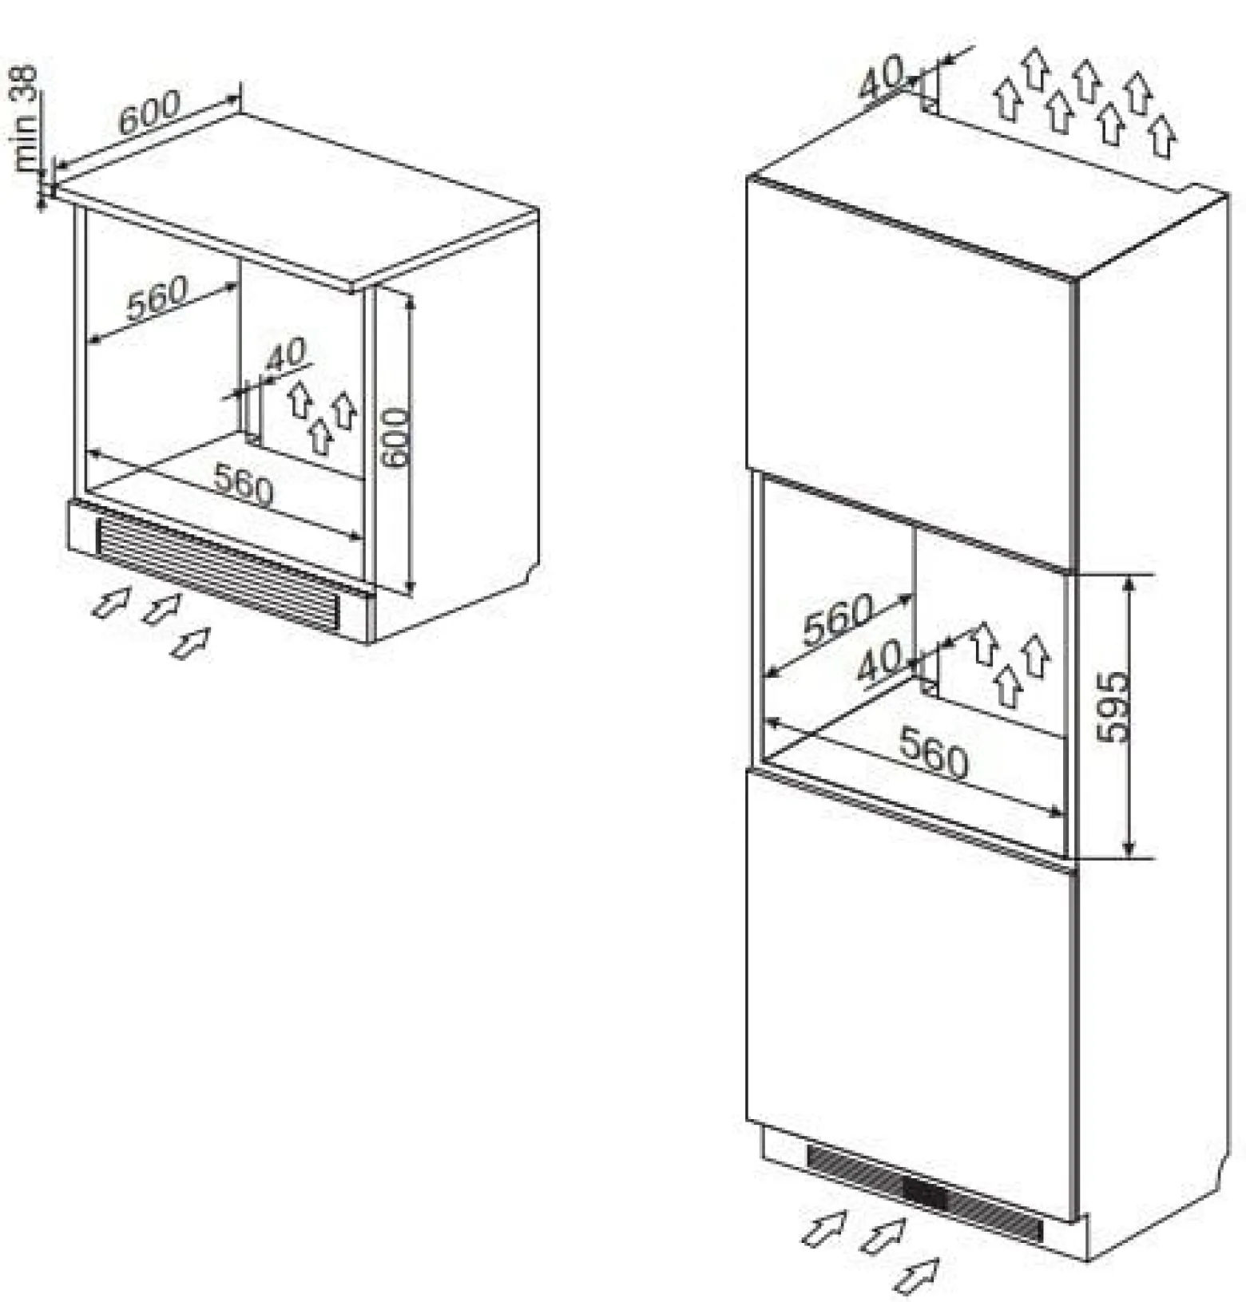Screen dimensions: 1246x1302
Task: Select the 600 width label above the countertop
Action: pyautogui.click(x=151, y=112)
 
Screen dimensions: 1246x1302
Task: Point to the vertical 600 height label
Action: pyautogui.click(x=395, y=438)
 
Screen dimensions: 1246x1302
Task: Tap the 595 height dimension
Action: pyautogui.click(x=1115, y=706)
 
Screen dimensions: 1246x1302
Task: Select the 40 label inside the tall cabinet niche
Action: pyautogui.click(x=879, y=660)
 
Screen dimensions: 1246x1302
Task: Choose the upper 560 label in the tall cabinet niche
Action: pyautogui.click(x=838, y=619)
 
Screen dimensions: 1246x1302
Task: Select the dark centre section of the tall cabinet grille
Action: pyautogui.click(x=924, y=1192)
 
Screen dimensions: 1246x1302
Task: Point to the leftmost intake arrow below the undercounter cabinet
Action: pyautogui.click(x=111, y=601)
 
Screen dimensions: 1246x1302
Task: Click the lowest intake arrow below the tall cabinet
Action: pyautogui.click(x=915, y=1275)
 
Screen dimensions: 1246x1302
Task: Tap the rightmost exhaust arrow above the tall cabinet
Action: pyautogui.click(x=1163, y=135)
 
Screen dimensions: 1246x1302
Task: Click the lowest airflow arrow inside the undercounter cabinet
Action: pyautogui.click(x=321, y=436)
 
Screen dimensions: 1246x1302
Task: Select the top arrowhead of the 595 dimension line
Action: pyautogui.click(x=1129, y=584)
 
